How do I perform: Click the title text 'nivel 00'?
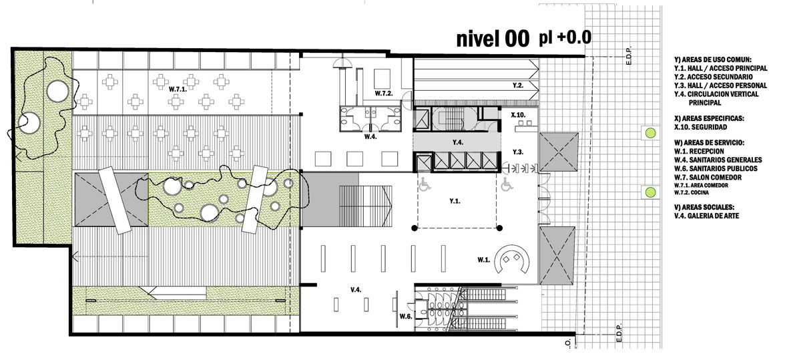click(x=493, y=39)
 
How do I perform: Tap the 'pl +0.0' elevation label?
click(x=565, y=37)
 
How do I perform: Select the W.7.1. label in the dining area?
click(x=178, y=89)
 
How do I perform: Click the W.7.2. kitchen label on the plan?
click(x=383, y=94)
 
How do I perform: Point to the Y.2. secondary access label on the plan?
click(x=519, y=86)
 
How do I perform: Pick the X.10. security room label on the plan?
click(x=518, y=116)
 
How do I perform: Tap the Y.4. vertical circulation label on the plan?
click(x=457, y=143)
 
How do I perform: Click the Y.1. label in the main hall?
click(x=455, y=201)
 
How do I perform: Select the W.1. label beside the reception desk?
click(x=483, y=260)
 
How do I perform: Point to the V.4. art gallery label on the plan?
click(x=356, y=289)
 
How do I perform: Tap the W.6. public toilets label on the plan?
click(x=406, y=316)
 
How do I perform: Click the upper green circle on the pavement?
click(x=650, y=133)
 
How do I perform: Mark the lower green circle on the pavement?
click(x=650, y=191)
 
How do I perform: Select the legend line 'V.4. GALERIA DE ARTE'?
click(x=707, y=216)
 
